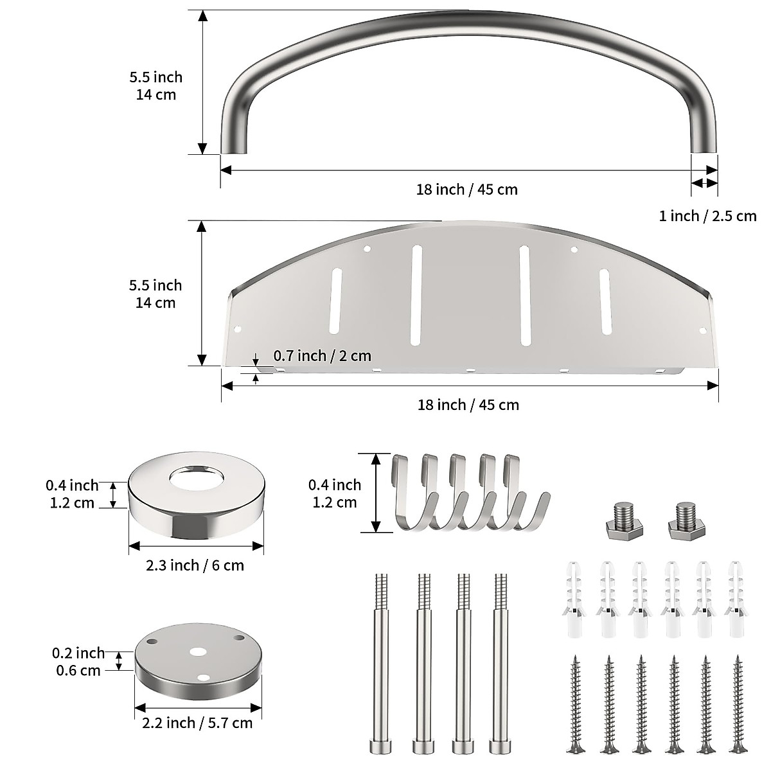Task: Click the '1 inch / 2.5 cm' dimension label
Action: click(707, 216)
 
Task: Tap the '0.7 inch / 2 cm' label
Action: click(322, 355)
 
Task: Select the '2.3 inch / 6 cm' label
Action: click(195, 565)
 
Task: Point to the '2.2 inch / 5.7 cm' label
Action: click(197, 723)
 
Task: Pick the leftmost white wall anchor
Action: click(575, 598)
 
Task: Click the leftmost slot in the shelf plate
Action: click(335, 301)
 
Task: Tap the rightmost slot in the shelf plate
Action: click(605, 301)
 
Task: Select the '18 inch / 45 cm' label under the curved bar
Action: click(466, 190)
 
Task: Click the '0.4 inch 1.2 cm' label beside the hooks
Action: click(335, 493)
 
